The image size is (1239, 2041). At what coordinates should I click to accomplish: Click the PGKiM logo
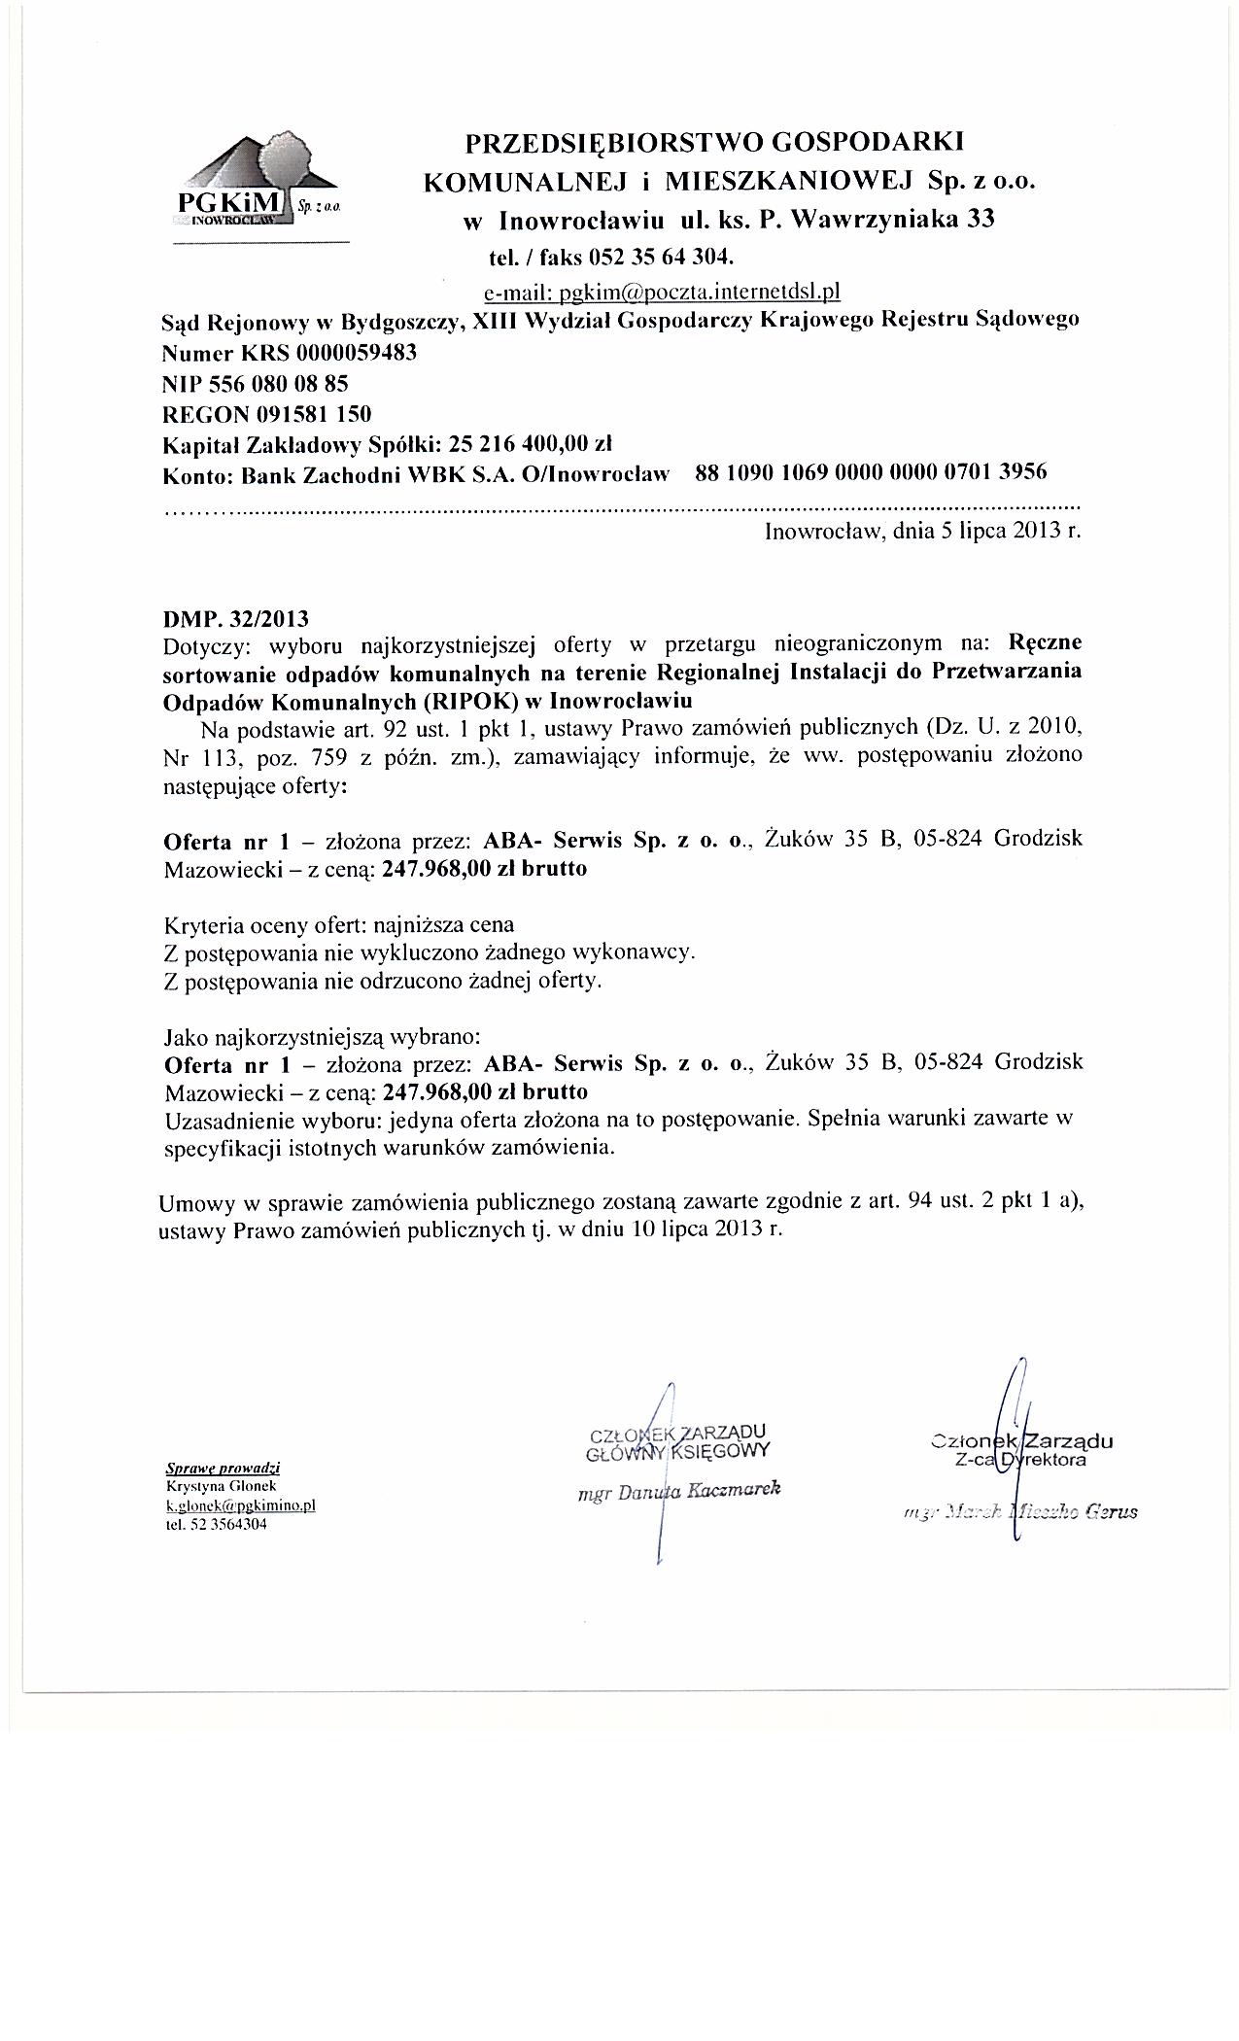(257, 185)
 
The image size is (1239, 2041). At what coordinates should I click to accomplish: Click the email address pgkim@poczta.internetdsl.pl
(660, 291)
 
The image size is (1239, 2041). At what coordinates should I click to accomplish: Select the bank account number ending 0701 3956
(872, 473)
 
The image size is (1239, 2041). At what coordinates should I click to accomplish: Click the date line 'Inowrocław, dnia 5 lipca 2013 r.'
(922, 532)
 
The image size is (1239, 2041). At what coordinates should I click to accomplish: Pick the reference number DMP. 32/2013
(237, 618)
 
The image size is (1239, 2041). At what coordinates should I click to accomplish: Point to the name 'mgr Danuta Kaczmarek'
(678, 1491)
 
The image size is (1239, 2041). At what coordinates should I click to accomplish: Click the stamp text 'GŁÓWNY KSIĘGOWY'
(678, 1452)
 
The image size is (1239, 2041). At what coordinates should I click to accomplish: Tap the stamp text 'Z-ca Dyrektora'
(1020, 1459)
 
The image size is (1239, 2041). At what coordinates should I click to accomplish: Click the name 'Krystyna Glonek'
(209, 1487)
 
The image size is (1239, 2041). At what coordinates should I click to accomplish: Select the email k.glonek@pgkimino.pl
(241, 1505)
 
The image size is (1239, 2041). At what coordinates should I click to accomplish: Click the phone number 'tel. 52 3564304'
(217, 1524)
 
